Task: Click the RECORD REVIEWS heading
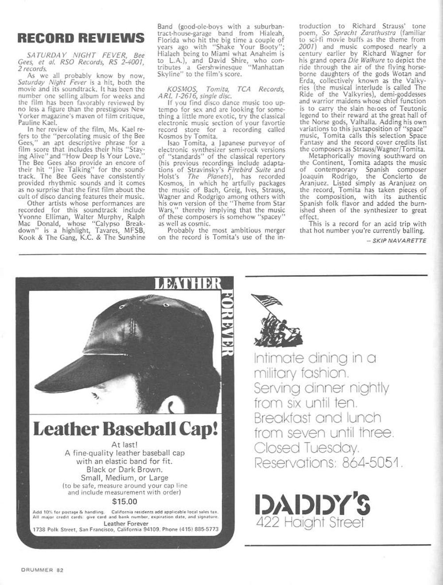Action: coord(81,38)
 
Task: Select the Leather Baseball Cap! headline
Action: coord(125,429)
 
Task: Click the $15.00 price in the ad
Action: coord(125,502)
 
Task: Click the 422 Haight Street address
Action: coord(310,522)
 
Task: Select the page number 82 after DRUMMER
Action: coord(60,570)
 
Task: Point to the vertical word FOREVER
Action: coord(226,323)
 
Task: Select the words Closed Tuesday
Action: coord(306,448)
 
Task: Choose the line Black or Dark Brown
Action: coord(124,469)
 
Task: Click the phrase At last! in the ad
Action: coord(125,445)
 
